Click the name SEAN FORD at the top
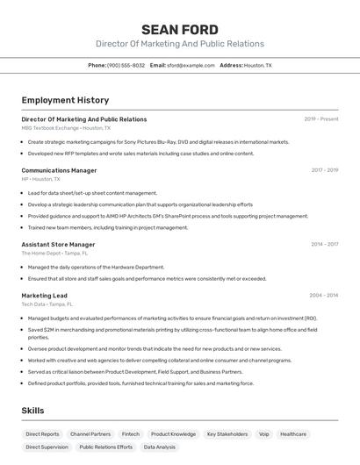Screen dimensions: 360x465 pos(179,30)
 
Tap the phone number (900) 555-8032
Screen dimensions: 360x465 pos(126,65)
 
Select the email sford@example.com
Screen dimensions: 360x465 pos(191,65)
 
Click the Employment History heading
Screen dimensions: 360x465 pos(65,100)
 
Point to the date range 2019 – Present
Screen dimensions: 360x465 pos(320,119)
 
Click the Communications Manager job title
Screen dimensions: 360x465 pos(59,170)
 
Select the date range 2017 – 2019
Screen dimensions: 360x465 pos(324,170)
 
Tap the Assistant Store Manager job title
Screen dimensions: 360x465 pos(58,245)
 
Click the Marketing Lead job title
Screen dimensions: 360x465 pos(44,296)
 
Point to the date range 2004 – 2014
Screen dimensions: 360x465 pos(324,296)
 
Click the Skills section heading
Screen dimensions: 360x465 pos(32,411)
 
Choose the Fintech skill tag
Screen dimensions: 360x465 pos(131,434)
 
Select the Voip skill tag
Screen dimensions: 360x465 pos(264,434)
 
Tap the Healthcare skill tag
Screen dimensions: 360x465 pos(293,434)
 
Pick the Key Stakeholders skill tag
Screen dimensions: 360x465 pos(227,434)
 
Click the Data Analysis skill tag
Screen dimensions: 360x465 pos(159,447)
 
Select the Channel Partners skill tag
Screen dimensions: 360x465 pos(90,434)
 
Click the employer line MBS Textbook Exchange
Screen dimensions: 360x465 pos(66,128)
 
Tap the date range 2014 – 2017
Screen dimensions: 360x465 pos(324,245)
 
